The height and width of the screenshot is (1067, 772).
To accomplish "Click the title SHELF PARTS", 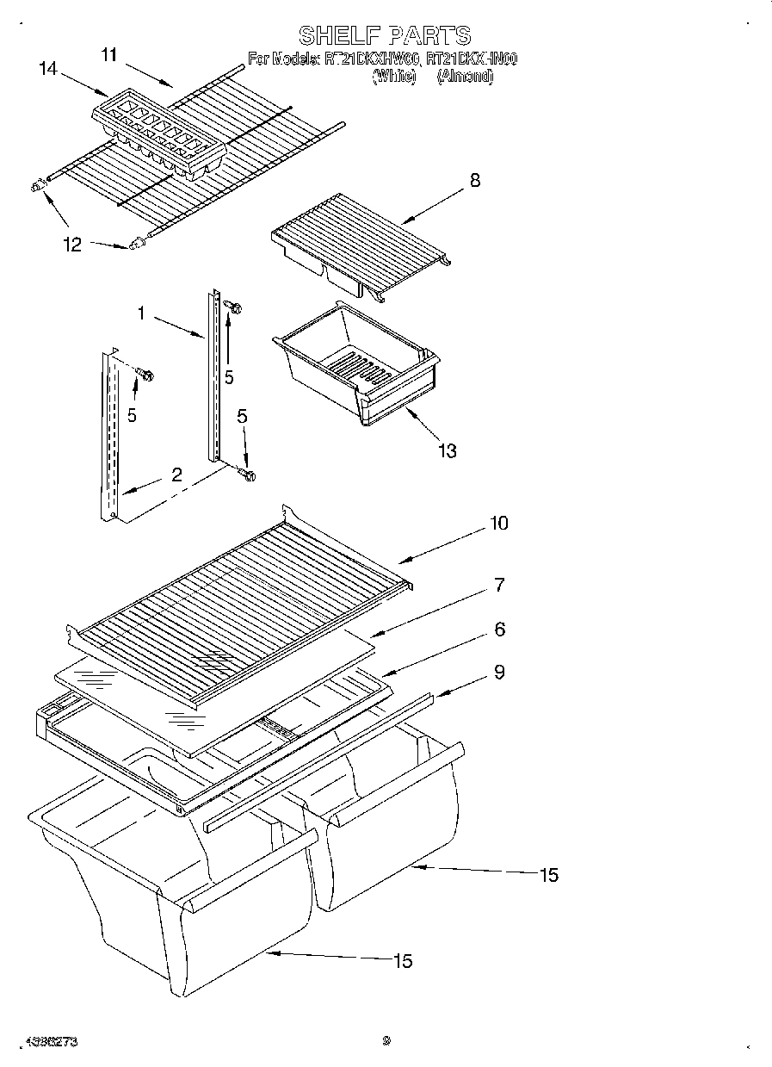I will (385, 35).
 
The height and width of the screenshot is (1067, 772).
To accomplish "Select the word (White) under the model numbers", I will (392, 77).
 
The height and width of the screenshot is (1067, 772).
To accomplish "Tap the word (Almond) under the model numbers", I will (465, 77).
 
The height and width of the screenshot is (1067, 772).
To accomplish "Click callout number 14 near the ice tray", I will (49, 70).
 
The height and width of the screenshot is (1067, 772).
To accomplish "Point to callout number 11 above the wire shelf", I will (109, 54).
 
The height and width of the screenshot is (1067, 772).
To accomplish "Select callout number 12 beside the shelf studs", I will (72, 245).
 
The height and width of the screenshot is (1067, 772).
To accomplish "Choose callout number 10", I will (498, 523).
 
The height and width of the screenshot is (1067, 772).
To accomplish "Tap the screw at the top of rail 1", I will (232, 306).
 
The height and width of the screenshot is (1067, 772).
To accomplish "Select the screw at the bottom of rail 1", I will (248, 474).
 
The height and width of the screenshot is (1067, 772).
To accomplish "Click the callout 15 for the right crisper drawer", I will (548, 875).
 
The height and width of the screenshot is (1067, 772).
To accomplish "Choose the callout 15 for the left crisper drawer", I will (402, 961).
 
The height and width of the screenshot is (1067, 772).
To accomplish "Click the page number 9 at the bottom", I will (386, 1040).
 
